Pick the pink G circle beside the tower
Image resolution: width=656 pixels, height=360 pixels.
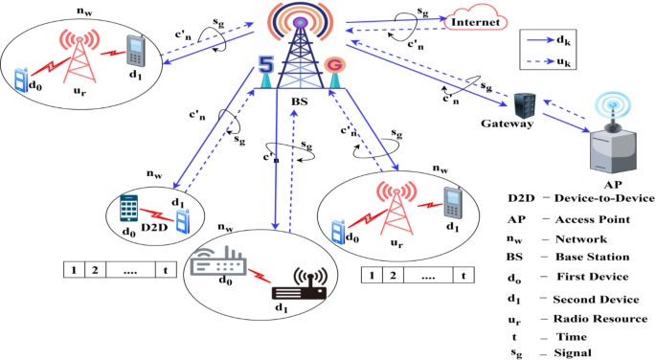tap(333, 65)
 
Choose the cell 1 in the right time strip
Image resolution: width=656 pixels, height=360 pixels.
tap(371, 276)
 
